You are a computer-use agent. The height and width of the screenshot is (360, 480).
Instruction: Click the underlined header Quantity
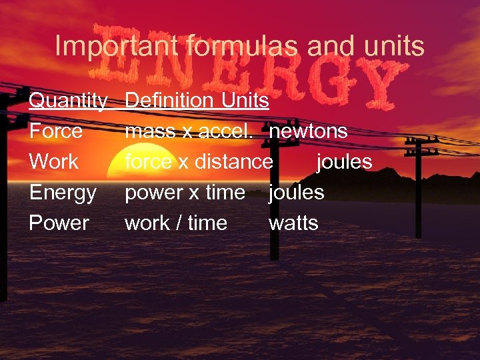(x=68, y=101)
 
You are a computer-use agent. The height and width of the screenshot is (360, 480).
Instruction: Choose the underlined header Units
(x=245, y=101)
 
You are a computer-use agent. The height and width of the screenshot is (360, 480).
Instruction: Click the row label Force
(x=56, y=131)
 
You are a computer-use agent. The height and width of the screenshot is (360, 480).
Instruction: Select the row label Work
(x=54, y=162)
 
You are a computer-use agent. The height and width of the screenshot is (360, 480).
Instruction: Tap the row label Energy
(x=63, y=193)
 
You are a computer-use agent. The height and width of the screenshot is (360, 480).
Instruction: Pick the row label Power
(x=59, y=223)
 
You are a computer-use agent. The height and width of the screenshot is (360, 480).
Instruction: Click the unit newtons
(x=308, y=131)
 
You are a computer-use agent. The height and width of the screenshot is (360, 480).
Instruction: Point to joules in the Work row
(x=344, y=162)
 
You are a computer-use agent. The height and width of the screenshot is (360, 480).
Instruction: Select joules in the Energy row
(x=296, y=193)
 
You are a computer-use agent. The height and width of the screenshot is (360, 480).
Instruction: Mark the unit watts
(x=293, y=223)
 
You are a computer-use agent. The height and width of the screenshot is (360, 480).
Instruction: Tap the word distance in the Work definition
(x=233, y=162)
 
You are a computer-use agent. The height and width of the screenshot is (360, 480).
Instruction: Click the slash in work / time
(x=178, y=223)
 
